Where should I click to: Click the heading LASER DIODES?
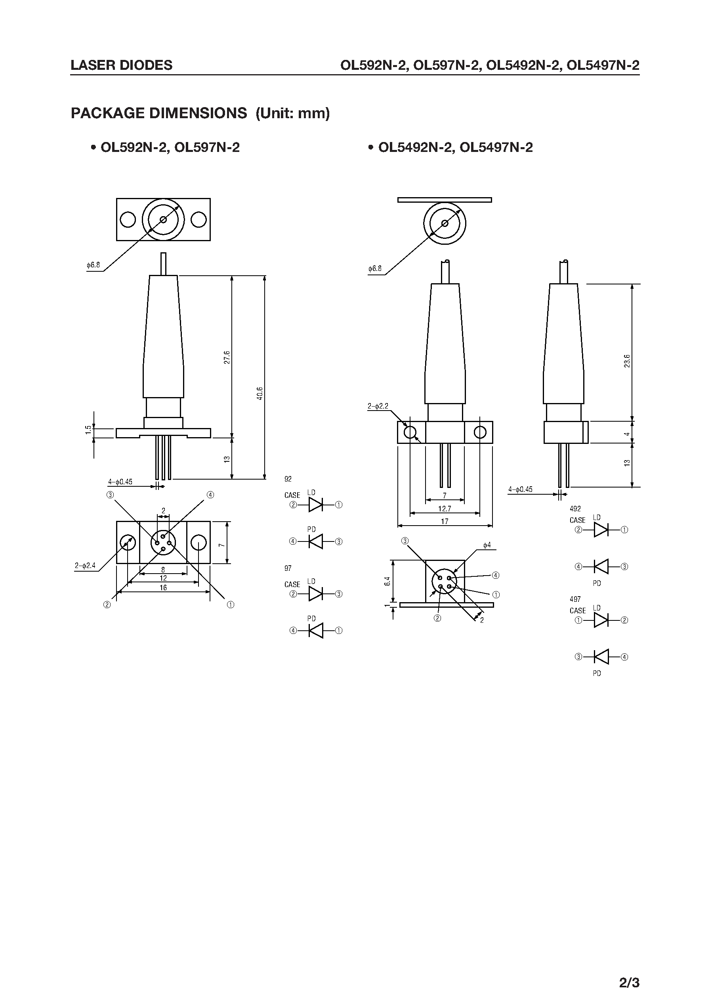tap(122, 65)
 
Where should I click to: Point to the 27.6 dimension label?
tap(227, 357)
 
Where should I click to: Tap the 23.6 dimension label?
tap(627, 361)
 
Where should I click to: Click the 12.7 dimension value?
tap(444, 509)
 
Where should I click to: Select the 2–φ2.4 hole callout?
tap(85, 565)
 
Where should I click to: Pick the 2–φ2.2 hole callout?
tap(378, 406)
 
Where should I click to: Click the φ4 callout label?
tap(487, 545)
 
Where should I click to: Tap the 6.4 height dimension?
tap(387, 581)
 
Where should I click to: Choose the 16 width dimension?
tap(163, 588)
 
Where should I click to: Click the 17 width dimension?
tap(444, 521)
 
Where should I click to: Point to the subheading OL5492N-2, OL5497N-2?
tap(455, 148)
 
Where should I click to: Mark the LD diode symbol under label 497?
tap(601, 620)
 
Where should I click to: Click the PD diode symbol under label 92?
tap(316, 541)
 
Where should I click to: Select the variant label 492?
tap(575, 509)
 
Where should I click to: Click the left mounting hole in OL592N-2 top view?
tap(128, 219)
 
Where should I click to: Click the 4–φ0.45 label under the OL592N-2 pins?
tap(120, 482)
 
